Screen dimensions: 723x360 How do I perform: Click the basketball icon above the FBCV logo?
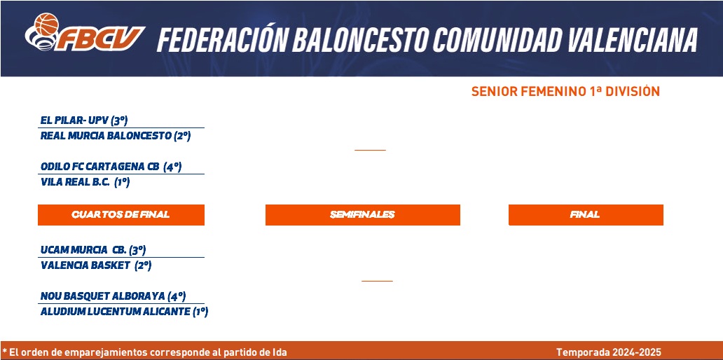pyautogui.click(x=46, y=24)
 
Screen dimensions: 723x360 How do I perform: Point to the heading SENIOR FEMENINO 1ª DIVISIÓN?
pyautogui.click(x=565, y=91)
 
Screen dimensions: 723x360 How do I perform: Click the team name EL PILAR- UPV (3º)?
pyautogui.click(x=84, y=120)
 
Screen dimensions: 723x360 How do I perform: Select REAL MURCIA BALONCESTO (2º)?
pyautogui.click(x=116, y=136)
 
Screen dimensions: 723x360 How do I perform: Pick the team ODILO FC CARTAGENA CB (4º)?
pyautogui.click(x=111, y=167)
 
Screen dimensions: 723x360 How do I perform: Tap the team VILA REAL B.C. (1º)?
pyautogui.click(x=85, y=182)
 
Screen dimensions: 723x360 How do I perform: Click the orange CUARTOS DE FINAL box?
pyautogui.click(x=120, y=215)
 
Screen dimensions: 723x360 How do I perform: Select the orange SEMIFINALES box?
pyautogui.click(x=362, y=215)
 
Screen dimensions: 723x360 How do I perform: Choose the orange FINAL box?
pyautogui.click(x=586, y=215)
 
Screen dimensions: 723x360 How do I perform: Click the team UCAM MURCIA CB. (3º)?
pyautogui.click(x=93, y=250)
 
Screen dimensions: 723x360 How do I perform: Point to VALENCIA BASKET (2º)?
pyautogui.click(x=96, y=265)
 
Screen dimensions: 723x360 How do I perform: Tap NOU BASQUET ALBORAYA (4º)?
pyautogui.click(x=113, y=296)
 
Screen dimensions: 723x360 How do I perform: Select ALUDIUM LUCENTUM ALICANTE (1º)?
pyautogui.click(x=124, y=312)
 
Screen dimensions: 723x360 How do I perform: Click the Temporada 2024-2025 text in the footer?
pyautogui.click(x=609, y=352)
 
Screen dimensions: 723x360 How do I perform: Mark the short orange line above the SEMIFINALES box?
pyautogui.click(x=370, y=150)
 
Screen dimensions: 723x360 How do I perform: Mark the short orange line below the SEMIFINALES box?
pyautogui.click(x=377, y=281)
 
